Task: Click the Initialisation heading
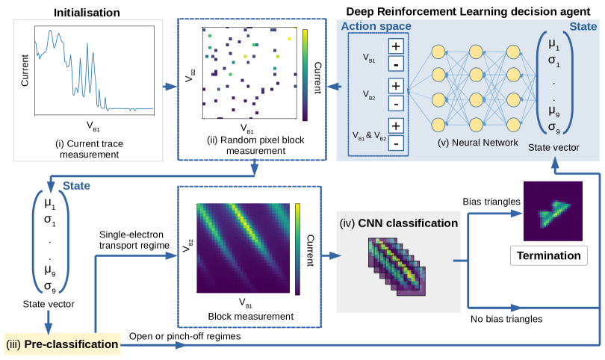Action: [x=87, y=13]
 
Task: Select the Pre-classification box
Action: [x=62, y=344]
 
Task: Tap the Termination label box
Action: [x=549, y=255]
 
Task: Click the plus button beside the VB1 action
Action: [x=396, y=46]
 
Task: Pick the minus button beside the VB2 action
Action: [x=396, y=103]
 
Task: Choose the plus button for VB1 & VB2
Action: [x=396, y=125]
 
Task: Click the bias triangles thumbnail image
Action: [x=553, y=211]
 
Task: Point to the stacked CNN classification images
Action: [x=397, y=267]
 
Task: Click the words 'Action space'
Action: [x=376, y=26]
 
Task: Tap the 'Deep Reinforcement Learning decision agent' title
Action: [x=468, y=11]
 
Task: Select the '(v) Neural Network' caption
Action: [x=478, y=143]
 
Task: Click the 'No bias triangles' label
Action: [x=506, y=319]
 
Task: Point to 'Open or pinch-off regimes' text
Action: [x=184, y=336]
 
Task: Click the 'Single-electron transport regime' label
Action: [x=134, y=240]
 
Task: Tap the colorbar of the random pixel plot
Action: [x=305, y=75]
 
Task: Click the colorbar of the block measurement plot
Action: [x=297, y=249]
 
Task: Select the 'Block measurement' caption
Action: [x=251, y=317]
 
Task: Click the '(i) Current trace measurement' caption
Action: [x=90, y=149]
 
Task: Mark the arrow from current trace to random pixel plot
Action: [x=170, y=87]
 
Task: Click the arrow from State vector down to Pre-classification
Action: [x=49, y=322]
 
